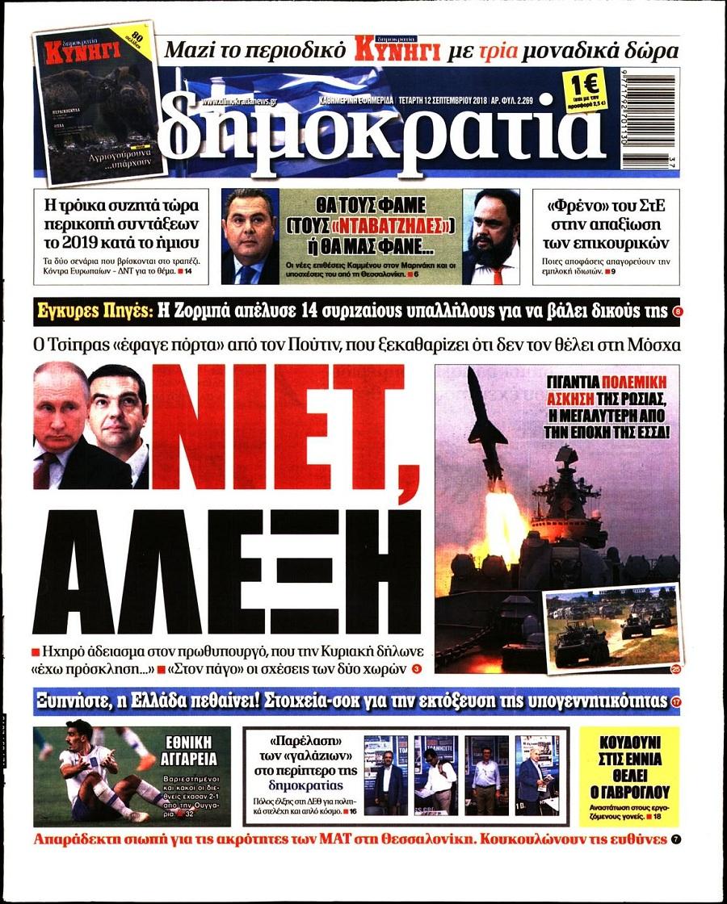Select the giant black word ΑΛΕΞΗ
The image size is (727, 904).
tap(227, 572)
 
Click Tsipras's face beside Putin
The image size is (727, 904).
tap(118, 412)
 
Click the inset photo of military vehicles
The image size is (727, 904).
tap(611, 625)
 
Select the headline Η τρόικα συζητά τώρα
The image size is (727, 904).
tap(121, 221)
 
